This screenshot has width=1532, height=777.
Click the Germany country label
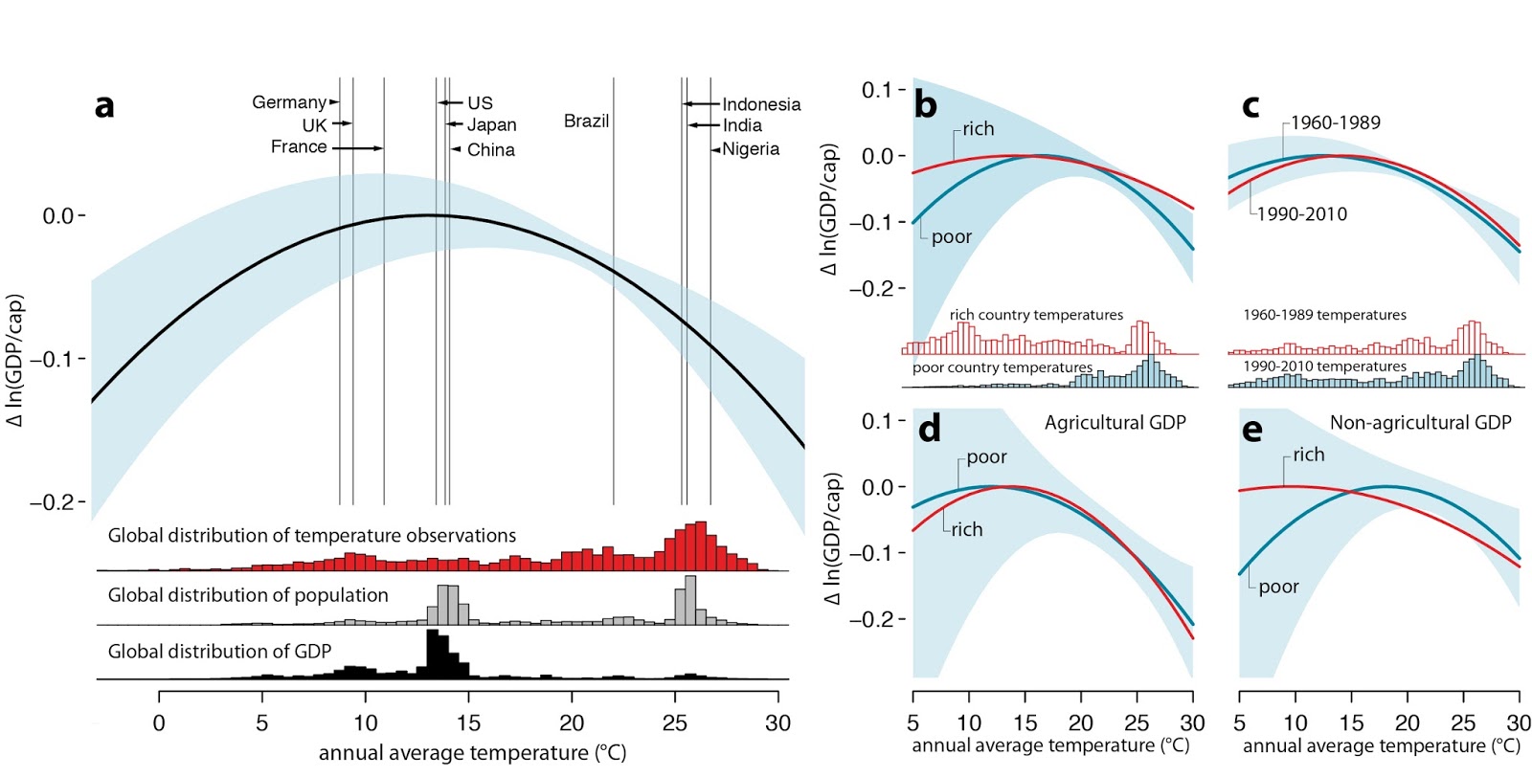(x=289, y=101)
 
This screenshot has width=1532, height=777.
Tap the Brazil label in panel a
(x=586, y=121)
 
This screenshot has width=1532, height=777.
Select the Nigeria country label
(x=751, y=149)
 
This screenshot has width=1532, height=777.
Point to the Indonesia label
(x=761, y=104)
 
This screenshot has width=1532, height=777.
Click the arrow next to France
(x=358, y=148)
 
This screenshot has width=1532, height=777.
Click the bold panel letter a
(x=104, y=105)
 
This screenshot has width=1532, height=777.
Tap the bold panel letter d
(x=929, y=430)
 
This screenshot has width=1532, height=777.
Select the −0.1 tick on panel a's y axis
(x=58, y=359)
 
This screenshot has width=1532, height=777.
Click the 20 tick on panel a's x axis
(x=572, y=722)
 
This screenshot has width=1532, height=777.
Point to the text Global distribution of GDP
(x=219, y=652)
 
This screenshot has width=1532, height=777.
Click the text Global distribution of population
(x=248, y=595)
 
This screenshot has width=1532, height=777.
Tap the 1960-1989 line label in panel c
(x=1335, y=122)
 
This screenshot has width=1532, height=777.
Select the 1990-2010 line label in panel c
(x=1301, y=214)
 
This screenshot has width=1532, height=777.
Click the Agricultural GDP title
(x=1115, y=423)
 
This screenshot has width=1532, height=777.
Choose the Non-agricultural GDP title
(x=1420, y=423)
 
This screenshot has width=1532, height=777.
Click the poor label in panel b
(x=951, y=237)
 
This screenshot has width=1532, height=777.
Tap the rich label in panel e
(x=1308, y=455)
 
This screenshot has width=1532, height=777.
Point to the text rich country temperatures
(x=1036, y=315)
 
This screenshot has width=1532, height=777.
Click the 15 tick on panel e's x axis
(x=1351, y=722)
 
